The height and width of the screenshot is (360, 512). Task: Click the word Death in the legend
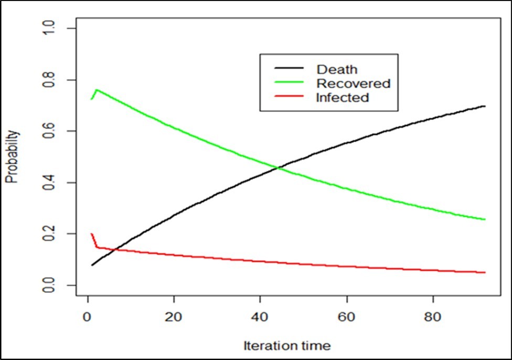337,69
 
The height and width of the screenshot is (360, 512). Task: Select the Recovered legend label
354,83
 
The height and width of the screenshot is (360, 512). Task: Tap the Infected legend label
343,98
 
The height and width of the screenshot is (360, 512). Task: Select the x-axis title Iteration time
286,345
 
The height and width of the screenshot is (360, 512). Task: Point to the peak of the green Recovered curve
96,90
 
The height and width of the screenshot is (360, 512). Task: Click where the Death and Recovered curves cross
278,168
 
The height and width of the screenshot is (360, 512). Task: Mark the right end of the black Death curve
484,106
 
